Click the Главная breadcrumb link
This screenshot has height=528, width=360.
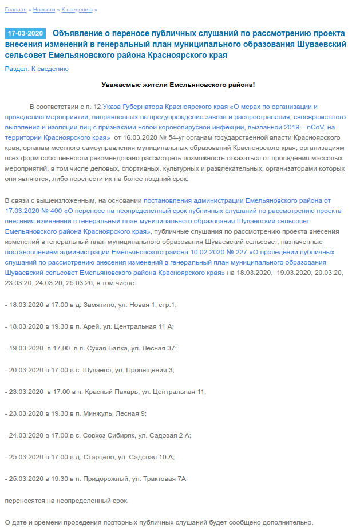15,10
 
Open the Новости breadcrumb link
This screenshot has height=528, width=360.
44,10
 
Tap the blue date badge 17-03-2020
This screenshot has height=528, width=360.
25,34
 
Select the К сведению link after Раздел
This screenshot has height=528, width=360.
50,69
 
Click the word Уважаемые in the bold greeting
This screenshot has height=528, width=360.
122,85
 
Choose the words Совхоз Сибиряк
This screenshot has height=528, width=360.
108,435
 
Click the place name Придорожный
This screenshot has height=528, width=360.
104,479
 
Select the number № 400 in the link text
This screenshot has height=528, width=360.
51,211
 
